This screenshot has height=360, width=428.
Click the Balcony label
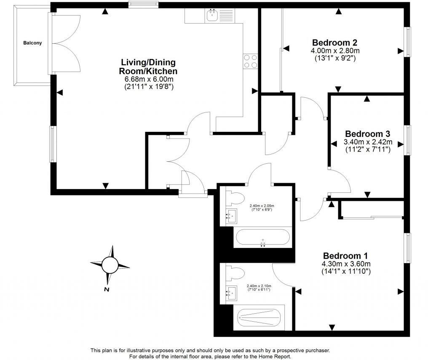tap(32, 43)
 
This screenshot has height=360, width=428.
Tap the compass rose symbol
tap(110, 265)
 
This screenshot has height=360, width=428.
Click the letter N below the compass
tap(107, 290)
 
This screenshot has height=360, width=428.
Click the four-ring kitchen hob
tap(250, 61)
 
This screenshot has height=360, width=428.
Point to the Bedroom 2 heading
tap(335, 43)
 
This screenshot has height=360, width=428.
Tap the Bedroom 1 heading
tap(345, 256)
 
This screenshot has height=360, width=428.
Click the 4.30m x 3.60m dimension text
tap(346, 264)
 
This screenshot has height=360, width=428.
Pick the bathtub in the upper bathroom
tap(262, 237)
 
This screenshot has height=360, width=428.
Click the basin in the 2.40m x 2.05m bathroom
tap(230, 216)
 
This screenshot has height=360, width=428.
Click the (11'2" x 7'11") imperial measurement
tap(368, 149)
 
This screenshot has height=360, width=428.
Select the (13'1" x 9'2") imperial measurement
tap(335, 59)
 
